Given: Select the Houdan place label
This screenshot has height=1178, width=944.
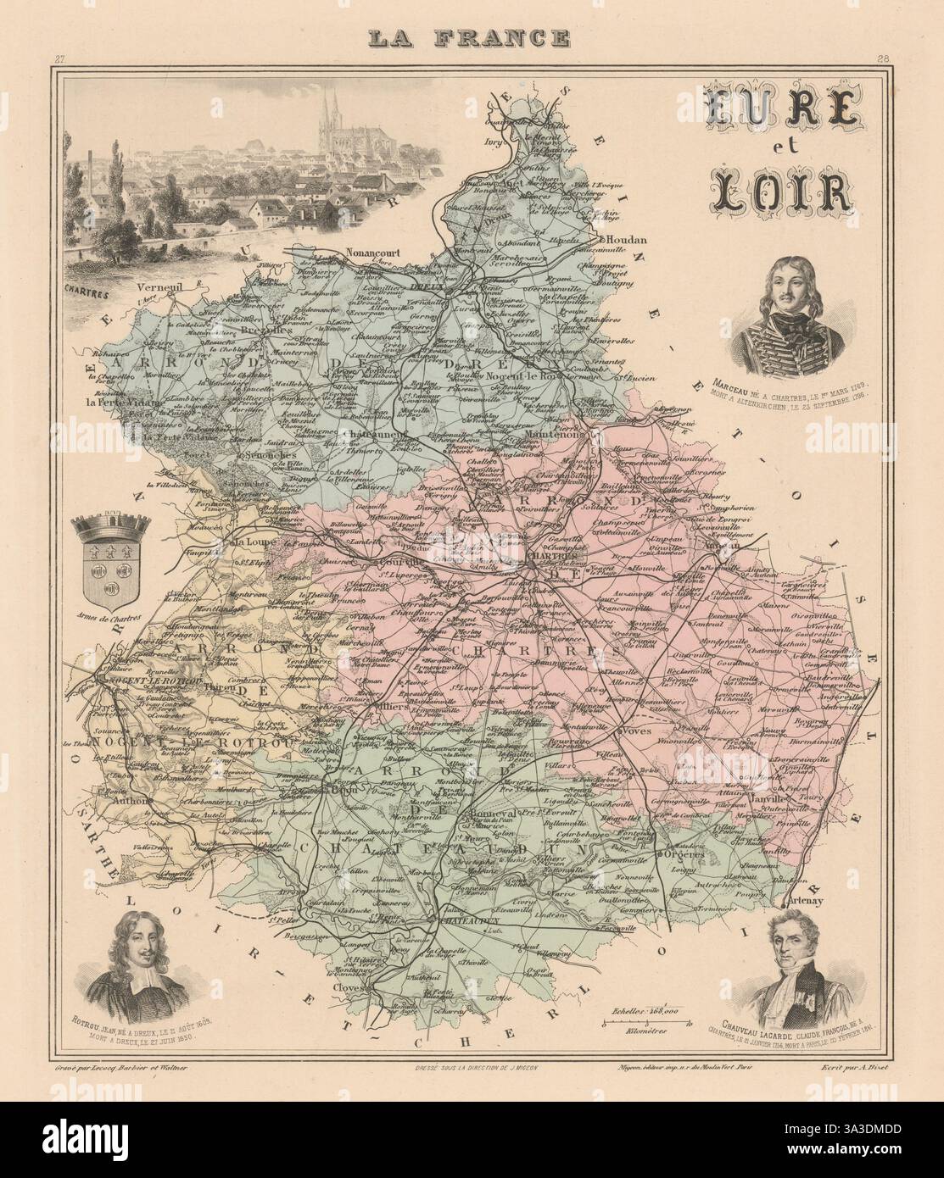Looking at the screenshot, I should [628, 239].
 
